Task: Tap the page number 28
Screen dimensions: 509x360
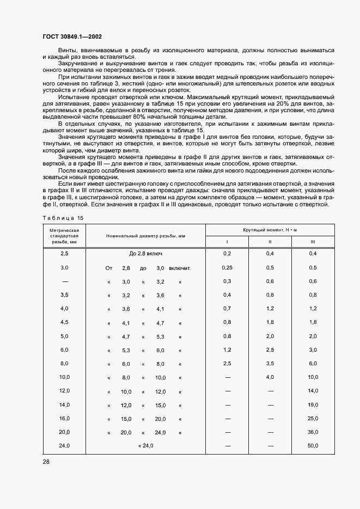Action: [46, 462]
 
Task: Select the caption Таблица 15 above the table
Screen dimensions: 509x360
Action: [63, 218]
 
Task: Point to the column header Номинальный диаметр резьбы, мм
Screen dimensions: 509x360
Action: [145, 236]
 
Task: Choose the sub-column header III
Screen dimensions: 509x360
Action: [313, 242]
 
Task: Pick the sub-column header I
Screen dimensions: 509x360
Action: [227, 242]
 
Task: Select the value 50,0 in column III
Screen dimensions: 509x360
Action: [313, 446]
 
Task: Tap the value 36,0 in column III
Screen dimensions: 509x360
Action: [313, 432]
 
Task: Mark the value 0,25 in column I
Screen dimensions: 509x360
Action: [227, 268]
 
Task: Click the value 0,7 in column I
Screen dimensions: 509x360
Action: [227, 309]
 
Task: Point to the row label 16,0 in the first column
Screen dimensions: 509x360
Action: [65, 419]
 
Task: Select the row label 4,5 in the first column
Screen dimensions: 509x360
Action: [65, 323]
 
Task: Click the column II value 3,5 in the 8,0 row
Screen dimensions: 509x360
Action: [270, 364]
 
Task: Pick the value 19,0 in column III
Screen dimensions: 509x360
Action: [313, 405]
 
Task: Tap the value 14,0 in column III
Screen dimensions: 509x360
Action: [313, 391]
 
